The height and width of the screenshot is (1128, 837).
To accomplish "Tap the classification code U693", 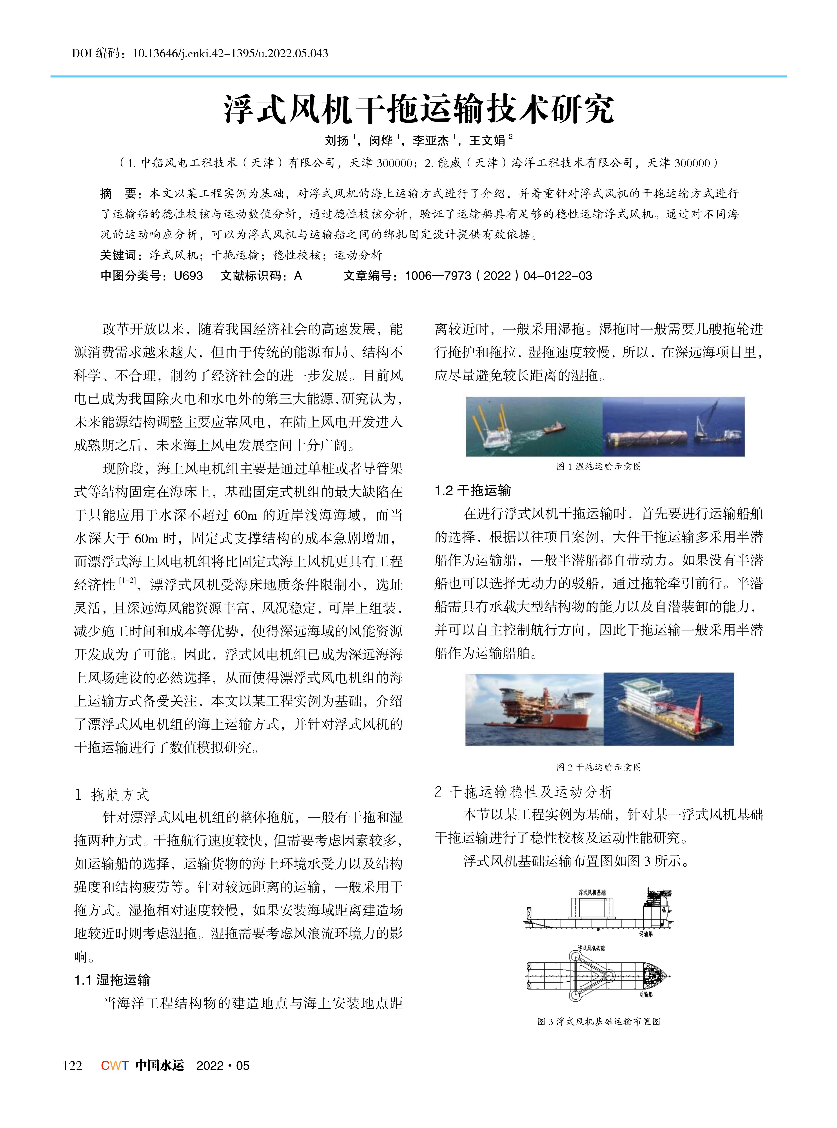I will click(x=188, y=276).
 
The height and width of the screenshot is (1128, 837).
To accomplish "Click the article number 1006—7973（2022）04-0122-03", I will click(x=498, y=276).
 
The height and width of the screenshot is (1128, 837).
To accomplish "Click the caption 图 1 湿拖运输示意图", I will click(x=599, y=466).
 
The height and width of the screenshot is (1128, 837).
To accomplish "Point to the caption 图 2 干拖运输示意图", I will click(x=599, y=767).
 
